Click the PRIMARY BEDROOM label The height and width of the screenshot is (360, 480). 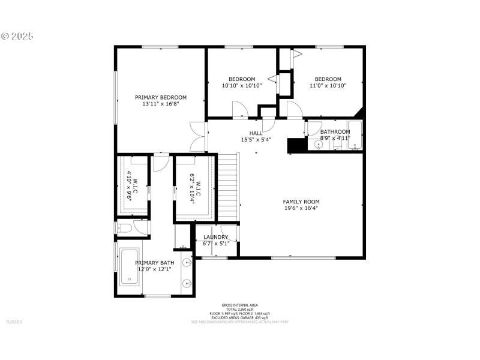[160, 97]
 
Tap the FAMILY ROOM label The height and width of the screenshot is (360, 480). [301, 202]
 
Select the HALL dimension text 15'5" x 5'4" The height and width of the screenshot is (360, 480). [256, 140]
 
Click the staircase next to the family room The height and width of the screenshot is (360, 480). [227, 186]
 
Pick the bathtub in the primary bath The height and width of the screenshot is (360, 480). [130, 266]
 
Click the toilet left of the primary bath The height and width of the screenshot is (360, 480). [125, 227]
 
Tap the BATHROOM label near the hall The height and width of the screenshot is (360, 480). [335, 132]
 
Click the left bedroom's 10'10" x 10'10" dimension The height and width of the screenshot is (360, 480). [242, 86]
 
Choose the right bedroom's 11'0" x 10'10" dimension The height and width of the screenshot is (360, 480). [328, 86]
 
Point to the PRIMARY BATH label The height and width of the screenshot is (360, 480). [155, 263]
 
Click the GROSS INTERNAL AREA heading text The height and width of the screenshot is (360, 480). [240, 305]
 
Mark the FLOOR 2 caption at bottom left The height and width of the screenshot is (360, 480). [14, 322]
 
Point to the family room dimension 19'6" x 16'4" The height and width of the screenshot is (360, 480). [301, 209]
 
